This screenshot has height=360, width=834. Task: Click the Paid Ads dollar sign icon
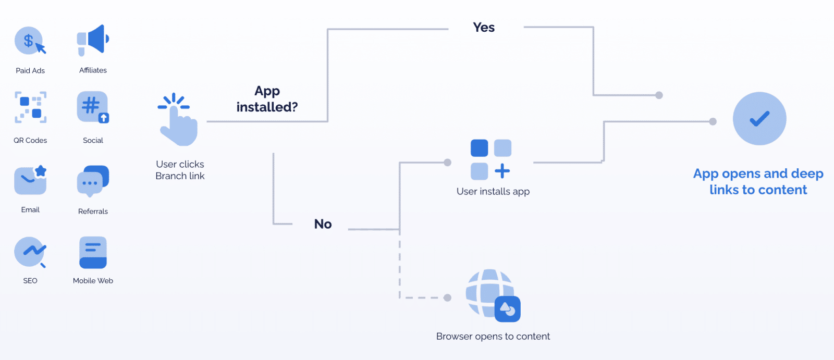click(30, 41)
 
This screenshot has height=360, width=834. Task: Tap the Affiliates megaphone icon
click(93, 40)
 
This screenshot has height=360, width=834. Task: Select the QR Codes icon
click(30, 107)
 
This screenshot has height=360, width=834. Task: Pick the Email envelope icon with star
click(30, 180)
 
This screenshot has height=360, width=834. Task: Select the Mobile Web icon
click(93, 253)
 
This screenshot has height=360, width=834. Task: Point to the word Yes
click(484, 28)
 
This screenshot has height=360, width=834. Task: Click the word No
click(323, 224)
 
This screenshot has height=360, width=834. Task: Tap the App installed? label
click(267, 99)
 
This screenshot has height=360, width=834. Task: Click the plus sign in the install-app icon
click(502, 171)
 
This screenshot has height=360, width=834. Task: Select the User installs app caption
click(493, 191)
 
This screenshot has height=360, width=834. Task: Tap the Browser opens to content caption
click(493, 337)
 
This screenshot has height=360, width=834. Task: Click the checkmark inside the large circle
click(759, 119)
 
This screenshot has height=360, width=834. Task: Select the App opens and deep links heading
click(758, 181)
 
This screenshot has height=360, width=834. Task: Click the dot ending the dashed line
click(447, 298)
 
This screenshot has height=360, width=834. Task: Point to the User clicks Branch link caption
click(180, 170)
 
